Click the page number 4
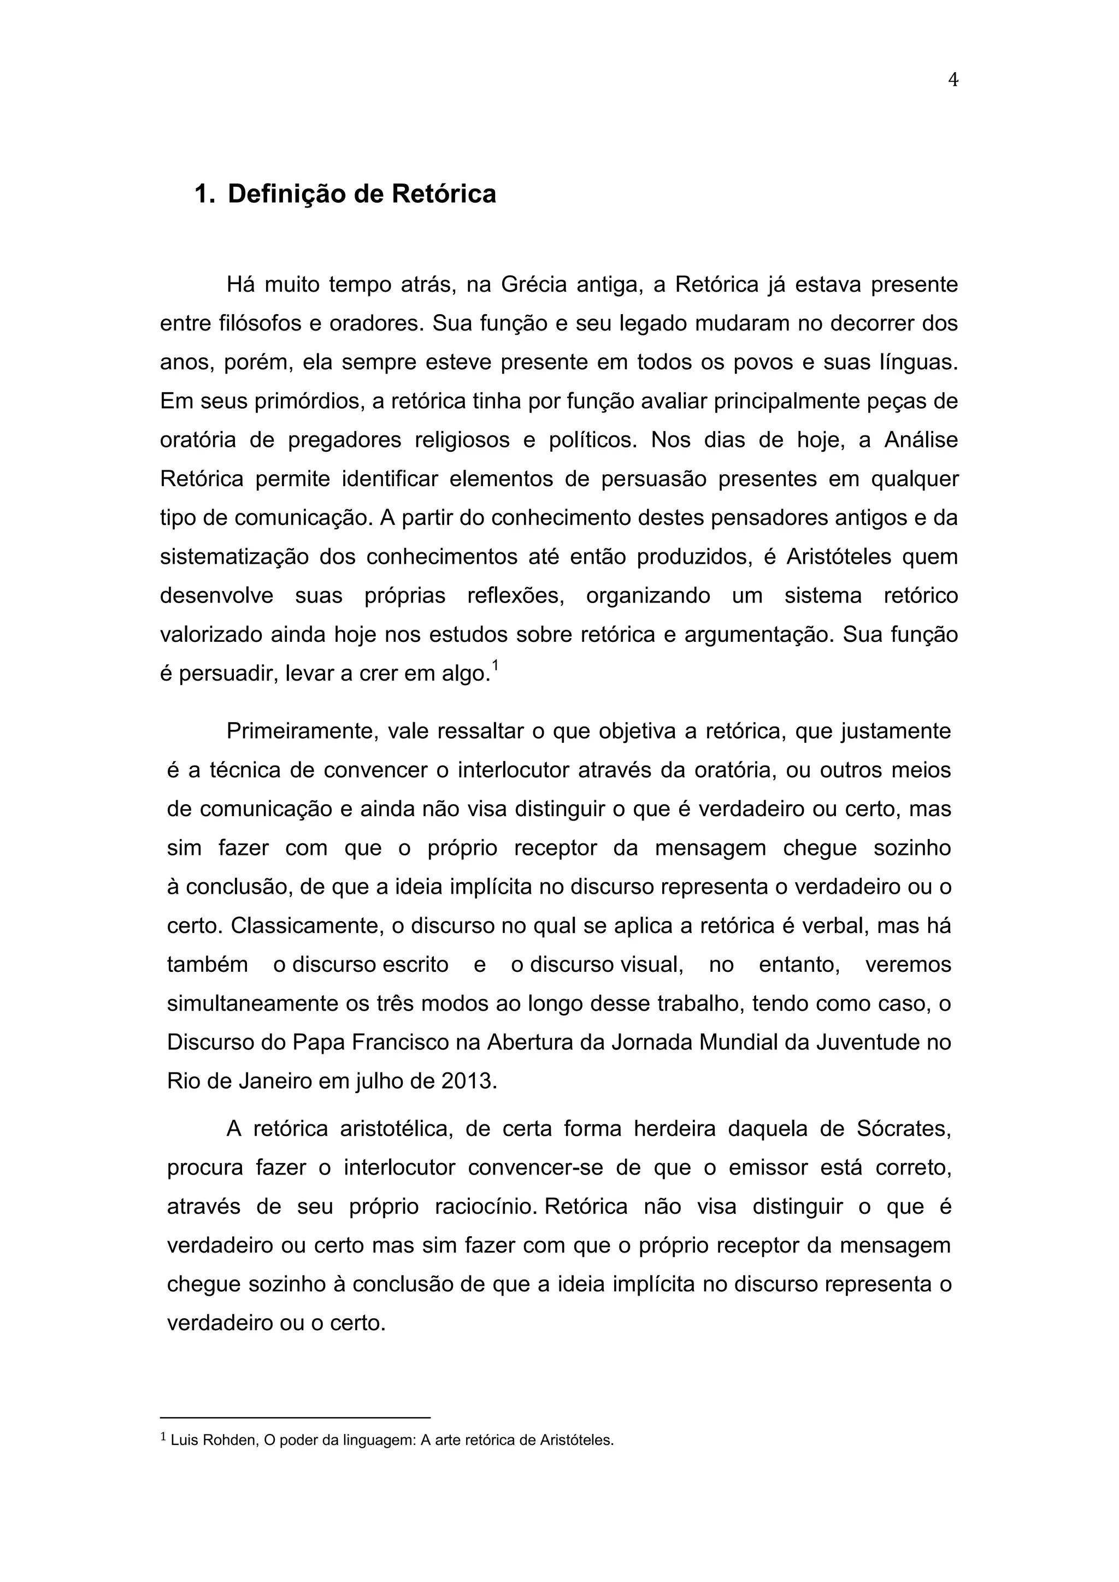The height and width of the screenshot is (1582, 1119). [x=953, y=81]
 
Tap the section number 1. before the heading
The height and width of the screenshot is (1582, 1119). [x=205, y=194]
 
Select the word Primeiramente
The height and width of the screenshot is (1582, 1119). [x=301, y=731]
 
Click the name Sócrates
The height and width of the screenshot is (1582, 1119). [x=904, y=1129]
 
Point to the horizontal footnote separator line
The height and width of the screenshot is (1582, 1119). [x=295, y=1418]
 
